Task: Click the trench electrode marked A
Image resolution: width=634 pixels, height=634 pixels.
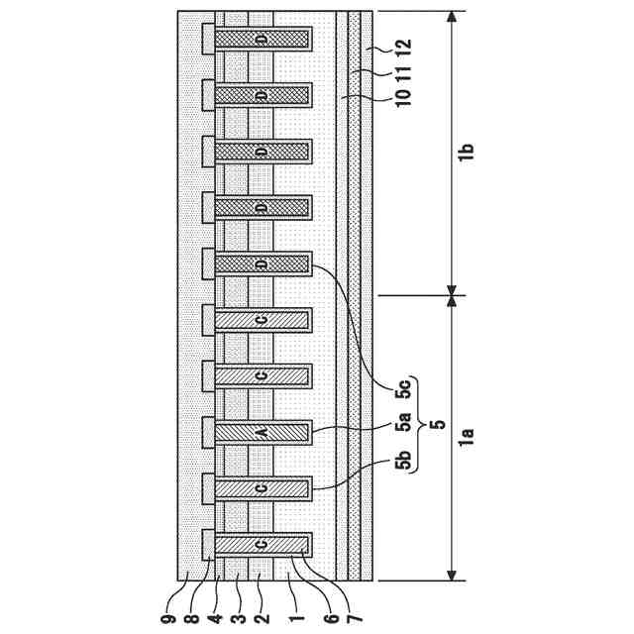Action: (x=262, y=431)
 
